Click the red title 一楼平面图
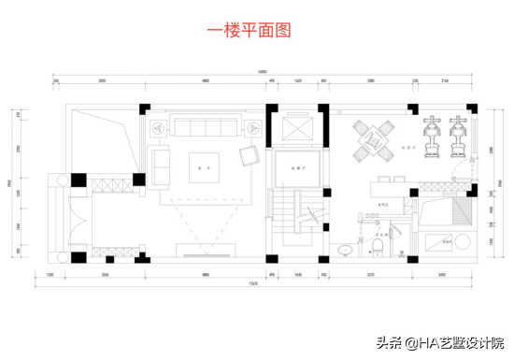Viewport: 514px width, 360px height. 248,30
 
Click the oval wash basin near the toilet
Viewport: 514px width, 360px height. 346,248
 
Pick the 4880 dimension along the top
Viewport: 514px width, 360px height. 205,81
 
